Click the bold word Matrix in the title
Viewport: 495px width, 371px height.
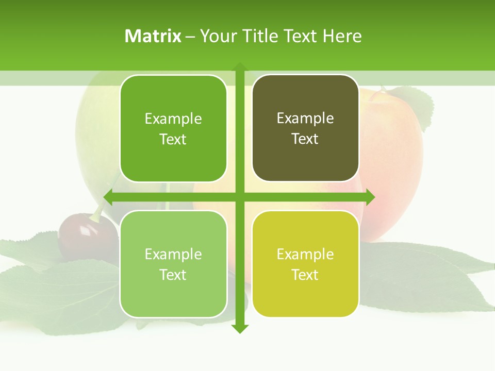click(x=153, y=36)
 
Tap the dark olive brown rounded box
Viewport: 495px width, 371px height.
click(x=305, y=128)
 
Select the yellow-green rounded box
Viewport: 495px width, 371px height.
click(x=305, y=264)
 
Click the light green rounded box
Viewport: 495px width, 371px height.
click(x=173, y=264)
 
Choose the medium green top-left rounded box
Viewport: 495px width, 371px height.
click(x=173, y=128)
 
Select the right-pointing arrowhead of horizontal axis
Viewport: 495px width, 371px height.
click(x=370, y=197)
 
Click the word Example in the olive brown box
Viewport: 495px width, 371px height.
click(x=305, y=118)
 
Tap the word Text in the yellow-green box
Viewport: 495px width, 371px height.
click(x=305, y=275)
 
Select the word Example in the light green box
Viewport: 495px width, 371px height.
click(x=173, y=254)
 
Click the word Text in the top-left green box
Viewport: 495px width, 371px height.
click(x=173, y=139)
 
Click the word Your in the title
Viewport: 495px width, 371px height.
click(x=217, y=36)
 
